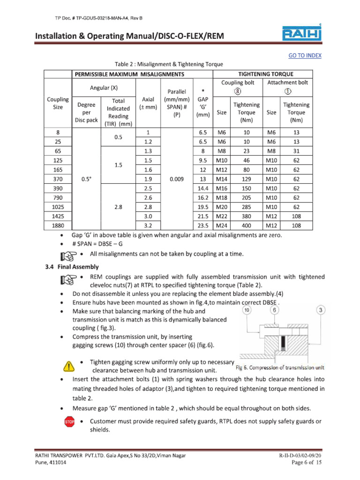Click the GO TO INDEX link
coord(305,55)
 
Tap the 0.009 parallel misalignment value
coord(177,179)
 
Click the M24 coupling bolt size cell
coord(221,225)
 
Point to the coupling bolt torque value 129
coord(247,179)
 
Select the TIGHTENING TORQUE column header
coord(266,74)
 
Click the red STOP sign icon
coord(69,423)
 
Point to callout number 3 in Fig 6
coord(321,310)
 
